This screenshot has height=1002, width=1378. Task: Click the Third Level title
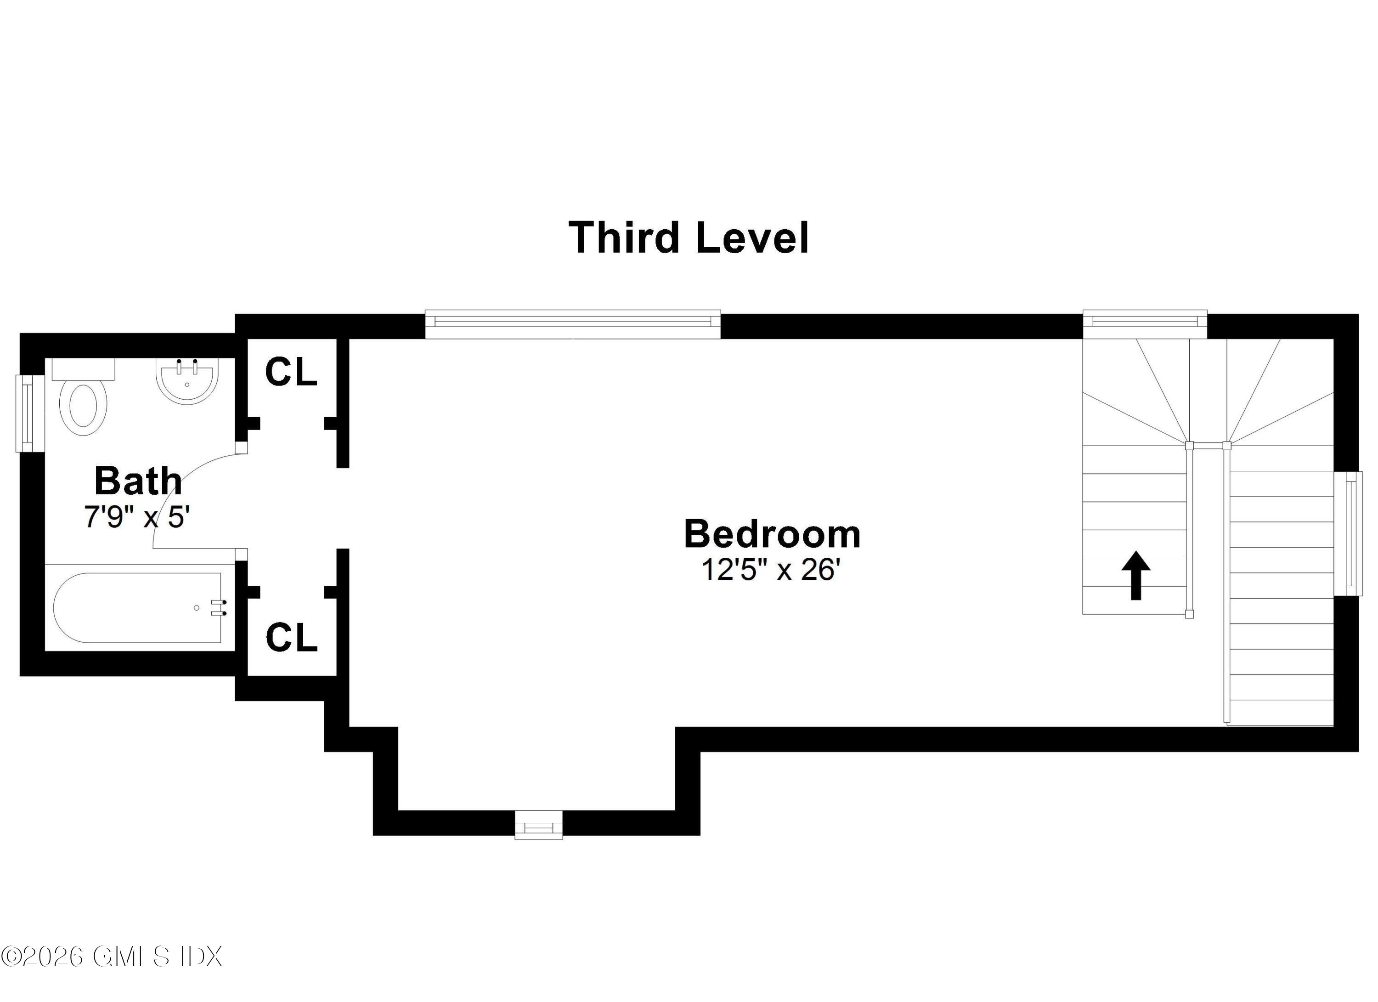point(689,238)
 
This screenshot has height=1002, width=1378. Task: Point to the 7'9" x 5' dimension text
point(137,517)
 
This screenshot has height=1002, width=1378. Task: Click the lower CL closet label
point(292,637)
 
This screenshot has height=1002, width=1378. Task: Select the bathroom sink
point(186,382)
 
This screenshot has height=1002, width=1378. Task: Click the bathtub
point(137,608)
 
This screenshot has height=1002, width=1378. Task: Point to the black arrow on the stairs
point(1135,575)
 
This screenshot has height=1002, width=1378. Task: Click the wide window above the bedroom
point(572,324)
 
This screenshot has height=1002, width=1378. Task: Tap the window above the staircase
point(1145,324)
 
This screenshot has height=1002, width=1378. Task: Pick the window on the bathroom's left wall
point(26,413)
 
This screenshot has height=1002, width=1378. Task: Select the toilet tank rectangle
point(83,369)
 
